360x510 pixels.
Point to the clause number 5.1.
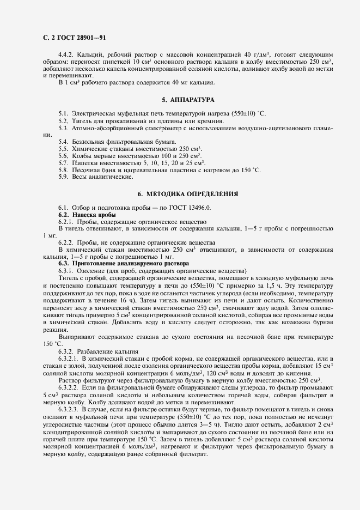(x=63, y=113)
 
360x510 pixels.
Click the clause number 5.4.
(x=63, y=142)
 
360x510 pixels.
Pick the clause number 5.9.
(x=63, y=177)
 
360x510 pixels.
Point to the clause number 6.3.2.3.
(x=70, y=408)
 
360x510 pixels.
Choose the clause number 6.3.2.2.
(x=70, y=386)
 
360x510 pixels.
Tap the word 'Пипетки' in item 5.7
(x=85, y=163)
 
